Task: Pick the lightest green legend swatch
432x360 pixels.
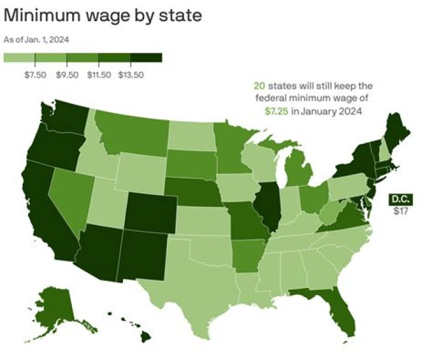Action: pyautogui.click(x=19, y=58)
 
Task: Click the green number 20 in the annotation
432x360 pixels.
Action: pyautogui.click(x=259, y=86)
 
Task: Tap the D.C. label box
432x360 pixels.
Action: pyautogui.click(x=400, y=199)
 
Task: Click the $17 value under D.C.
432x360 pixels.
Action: pyautogui.click(x=400, y=211)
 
